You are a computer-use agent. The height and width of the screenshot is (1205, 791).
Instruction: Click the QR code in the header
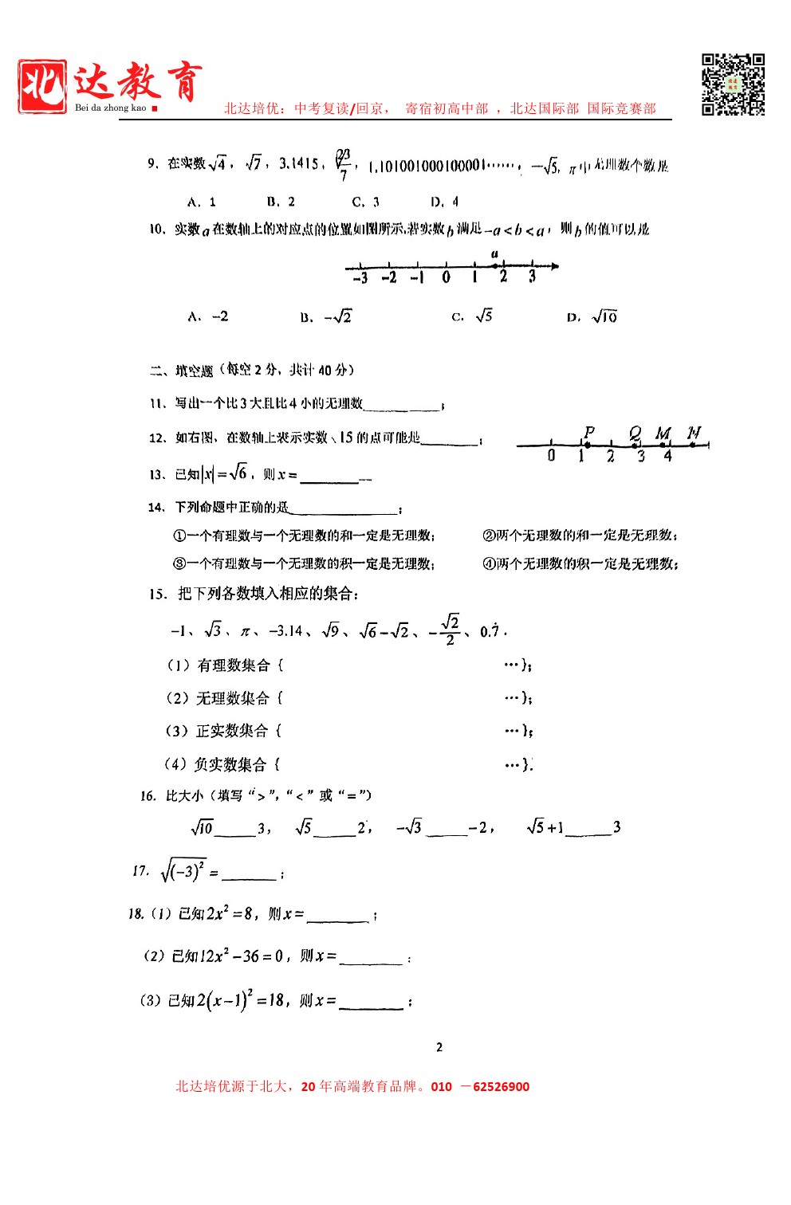click(733, 84)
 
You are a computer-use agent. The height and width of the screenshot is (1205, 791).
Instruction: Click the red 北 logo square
click(42, 86)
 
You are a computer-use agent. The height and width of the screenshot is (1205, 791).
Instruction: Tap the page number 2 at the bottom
click(439, 1047)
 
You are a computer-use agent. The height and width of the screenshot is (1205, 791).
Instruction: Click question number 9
click(152, 163)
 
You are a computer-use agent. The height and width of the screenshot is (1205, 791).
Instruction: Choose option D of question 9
click(445, 202)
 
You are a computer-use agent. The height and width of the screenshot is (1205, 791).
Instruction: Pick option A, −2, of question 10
click(208, 316)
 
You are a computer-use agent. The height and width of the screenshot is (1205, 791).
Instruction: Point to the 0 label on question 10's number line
click(446, 277)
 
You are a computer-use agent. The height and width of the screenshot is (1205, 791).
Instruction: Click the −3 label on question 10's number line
click(360, 277)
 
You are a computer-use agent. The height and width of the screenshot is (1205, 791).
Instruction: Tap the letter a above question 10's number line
click(494, 253)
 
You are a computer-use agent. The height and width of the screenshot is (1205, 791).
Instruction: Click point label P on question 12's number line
click(588, 432)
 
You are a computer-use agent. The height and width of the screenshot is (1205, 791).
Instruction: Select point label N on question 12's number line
click(694, 432)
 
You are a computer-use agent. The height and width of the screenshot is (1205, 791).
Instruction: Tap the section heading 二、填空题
click(183, 370)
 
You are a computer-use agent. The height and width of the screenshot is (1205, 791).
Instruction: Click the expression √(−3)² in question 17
click(183, 870)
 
